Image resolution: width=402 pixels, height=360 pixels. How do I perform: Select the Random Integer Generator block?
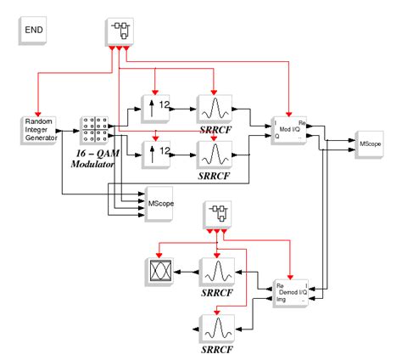click(x=36, y=131)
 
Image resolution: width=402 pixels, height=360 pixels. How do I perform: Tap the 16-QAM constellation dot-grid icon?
click(x=92, y=131)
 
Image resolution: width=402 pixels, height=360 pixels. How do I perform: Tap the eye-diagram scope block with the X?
click(x=161, y=272)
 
